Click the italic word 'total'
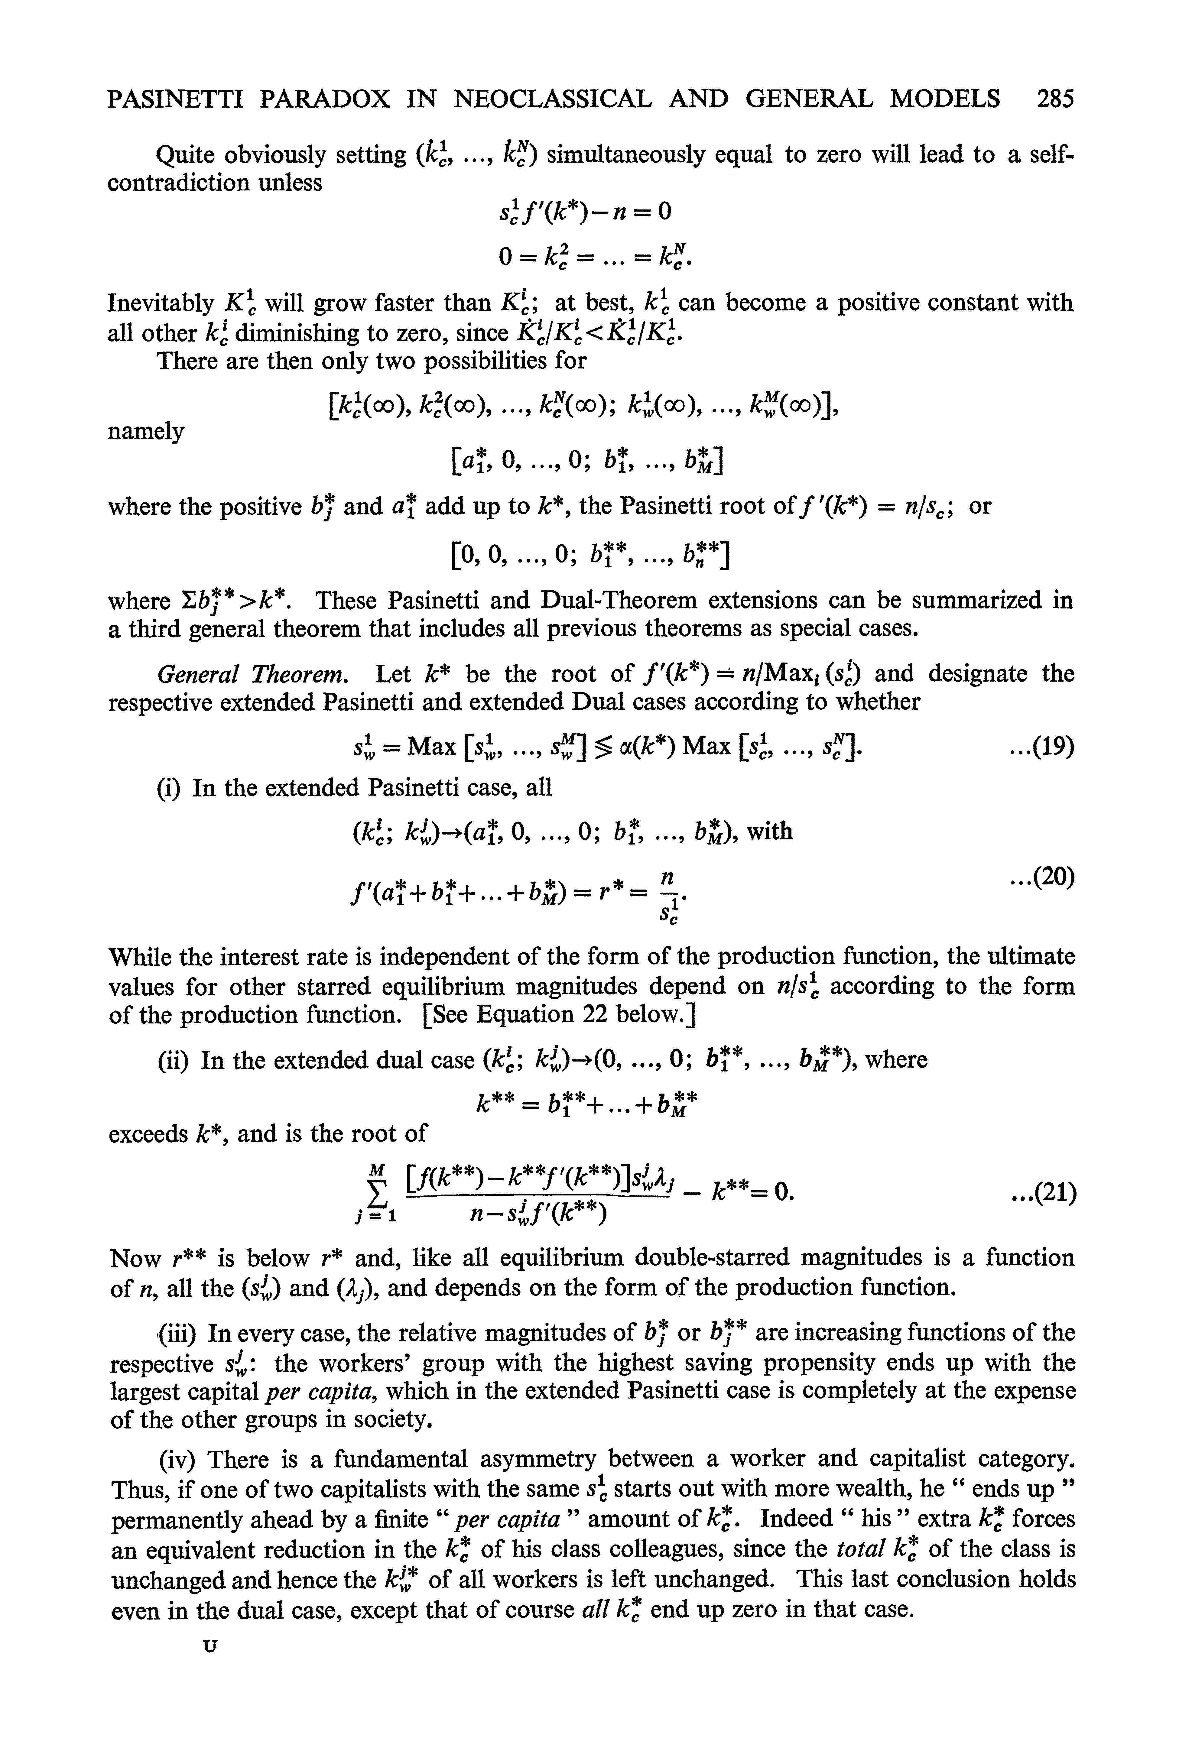858,1549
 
